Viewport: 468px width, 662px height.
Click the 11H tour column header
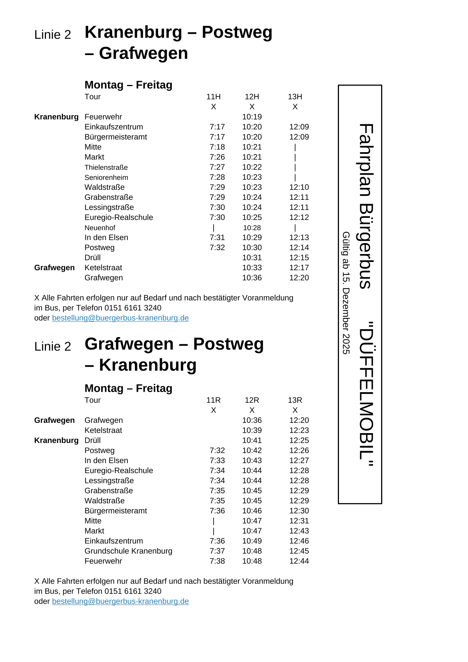(213, 97)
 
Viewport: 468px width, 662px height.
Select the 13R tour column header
(295, 400)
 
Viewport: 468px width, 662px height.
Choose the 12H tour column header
(252, 97)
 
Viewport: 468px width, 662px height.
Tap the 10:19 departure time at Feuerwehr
(252, 117)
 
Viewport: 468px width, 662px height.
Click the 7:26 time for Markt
(217, 157)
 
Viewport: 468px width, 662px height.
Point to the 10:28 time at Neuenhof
(252, 228)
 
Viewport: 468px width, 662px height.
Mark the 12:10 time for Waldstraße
(299, 187)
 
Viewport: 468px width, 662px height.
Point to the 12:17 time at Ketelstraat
(299, 267)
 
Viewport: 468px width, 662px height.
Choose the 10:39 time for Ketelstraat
(252, 430)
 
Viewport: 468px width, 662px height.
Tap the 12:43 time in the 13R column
(299, 531)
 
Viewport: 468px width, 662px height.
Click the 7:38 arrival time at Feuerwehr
(217, 561)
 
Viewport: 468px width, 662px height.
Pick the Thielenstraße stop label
(106, 168)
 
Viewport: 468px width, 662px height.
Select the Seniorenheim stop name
(106, 177)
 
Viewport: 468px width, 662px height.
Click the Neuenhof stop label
(100, 228)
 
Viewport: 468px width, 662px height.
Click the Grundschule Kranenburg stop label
(128, 551)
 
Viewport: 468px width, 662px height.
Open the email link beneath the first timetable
(120, 318)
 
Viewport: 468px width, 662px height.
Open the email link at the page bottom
(120, 601)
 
